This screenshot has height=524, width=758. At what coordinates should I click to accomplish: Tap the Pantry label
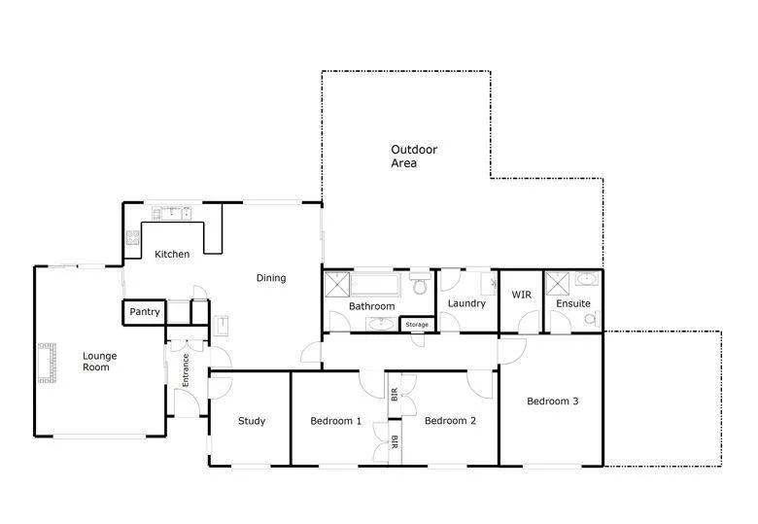coord(145,312)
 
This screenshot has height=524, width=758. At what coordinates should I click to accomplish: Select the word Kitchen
coord(173,255)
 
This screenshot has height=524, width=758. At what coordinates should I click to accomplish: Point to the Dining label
coord(271,278)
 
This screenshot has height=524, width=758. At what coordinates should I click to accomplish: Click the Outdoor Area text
coord(414,157)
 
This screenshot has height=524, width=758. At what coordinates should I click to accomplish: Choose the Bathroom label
coord(372,306)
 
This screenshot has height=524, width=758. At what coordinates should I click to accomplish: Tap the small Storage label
coord(417,324)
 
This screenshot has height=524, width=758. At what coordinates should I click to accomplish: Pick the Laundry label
coord(466,303)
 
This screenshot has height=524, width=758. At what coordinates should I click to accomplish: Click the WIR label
coord(522,295)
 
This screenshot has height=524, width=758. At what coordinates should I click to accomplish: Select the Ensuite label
coord(572,303)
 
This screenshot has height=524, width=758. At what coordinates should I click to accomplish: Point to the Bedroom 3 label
coord(553,401)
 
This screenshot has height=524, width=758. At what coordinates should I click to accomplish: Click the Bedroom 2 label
coord(450,421)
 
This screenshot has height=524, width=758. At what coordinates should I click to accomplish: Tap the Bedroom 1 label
coord(336,421)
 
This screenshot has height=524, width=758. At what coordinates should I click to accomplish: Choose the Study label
coord(252,421)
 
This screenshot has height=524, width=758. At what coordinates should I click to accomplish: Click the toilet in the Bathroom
coord(419,284)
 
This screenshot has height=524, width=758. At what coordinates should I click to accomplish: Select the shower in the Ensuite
coord(557,283)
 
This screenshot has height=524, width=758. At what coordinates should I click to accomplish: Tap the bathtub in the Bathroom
coord(374,285)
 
